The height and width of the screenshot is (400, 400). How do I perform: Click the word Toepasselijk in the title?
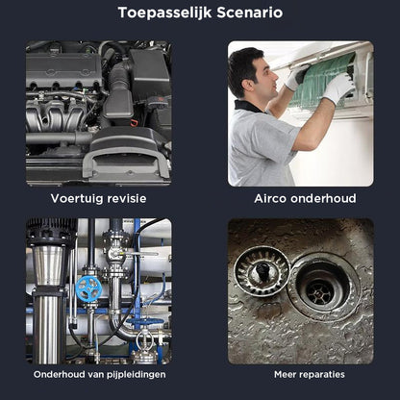point(165,13)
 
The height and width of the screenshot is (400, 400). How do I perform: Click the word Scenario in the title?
point(250,12)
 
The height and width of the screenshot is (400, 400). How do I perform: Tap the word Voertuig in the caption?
point(77,199)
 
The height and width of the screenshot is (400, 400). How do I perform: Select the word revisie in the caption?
point(127,198)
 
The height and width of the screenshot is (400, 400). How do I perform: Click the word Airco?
point(270,198)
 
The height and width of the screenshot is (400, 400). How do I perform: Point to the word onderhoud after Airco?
point(323,198)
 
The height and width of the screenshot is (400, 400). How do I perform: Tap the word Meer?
point(284,374)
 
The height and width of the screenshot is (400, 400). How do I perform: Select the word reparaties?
point(320,375)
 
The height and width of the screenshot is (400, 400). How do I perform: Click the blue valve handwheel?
point(87,287)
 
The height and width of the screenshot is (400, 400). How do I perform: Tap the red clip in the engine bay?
point(134,122)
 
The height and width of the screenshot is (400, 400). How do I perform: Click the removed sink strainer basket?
point(262,271)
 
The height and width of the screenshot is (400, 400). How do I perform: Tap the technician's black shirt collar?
point(247,106)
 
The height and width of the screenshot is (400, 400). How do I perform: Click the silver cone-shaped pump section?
point(49,265)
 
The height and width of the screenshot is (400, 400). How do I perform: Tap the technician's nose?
point(275,76)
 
